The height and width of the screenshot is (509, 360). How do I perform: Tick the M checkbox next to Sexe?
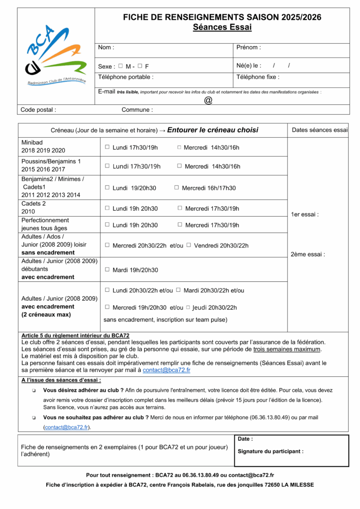120,66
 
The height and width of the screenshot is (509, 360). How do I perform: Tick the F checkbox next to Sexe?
140,66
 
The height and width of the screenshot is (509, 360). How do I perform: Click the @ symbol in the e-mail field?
208,100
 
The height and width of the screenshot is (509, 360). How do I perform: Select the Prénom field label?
248,48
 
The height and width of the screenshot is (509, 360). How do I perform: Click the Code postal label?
38,110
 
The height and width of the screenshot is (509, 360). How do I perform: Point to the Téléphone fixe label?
258,77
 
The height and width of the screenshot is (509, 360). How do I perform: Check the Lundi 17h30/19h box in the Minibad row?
107,147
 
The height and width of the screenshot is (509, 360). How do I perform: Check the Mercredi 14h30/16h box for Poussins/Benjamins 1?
180,166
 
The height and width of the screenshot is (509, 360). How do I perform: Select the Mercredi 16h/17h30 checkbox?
177,187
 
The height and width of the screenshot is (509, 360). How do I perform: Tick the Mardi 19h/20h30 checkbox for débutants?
107,269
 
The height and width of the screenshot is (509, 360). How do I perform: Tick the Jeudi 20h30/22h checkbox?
188,307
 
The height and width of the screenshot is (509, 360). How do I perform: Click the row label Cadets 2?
33,204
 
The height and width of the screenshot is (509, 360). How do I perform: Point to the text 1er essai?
304,215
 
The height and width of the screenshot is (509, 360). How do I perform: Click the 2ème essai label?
307,254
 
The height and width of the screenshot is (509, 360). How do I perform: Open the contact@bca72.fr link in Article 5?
166,370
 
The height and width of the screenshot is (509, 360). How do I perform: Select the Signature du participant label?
270,451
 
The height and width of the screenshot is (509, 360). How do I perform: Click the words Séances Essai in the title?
222,27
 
